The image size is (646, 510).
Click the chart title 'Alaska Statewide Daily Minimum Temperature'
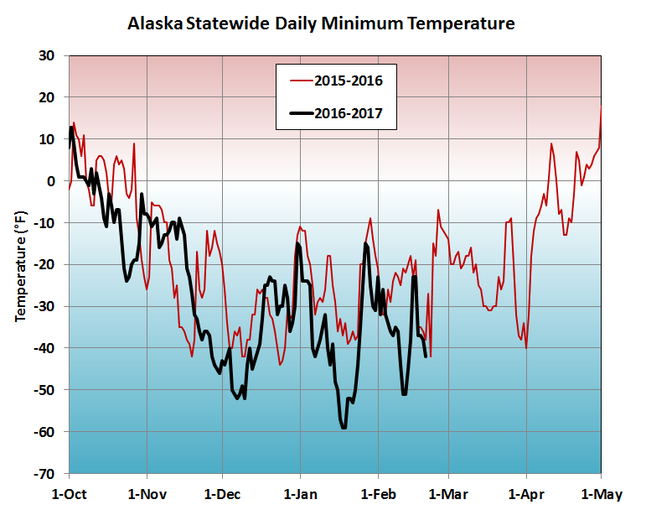pos(321,24)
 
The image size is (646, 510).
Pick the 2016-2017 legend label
pos(354,113)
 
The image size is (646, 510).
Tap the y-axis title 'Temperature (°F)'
pos(22,264)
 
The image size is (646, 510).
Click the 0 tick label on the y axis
pos(51,181)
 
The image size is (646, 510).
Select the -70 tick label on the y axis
pos(44,474)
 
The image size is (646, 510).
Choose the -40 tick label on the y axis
pos(44,348)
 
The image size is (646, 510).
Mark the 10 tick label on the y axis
pos(47,139)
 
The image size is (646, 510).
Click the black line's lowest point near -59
pos(344,428)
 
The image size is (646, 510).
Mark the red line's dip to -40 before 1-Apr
pos(526,347)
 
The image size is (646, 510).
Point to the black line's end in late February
pos(426,356)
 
